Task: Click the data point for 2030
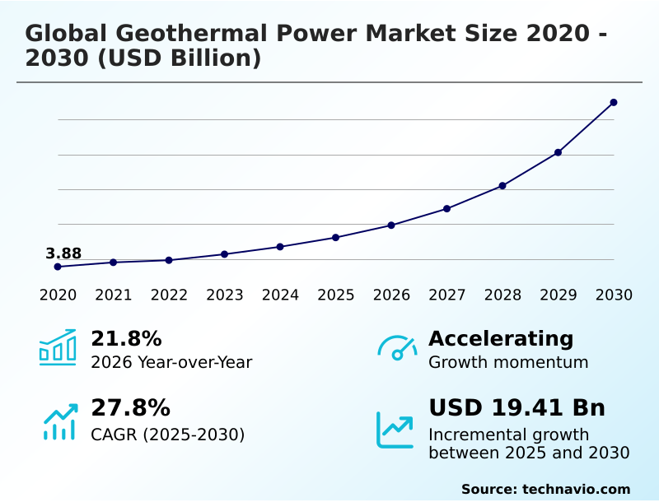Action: click(614, 103)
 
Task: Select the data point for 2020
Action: click(58, 267)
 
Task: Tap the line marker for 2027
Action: click(446, 208)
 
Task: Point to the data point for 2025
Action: click(335, 237)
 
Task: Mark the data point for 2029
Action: click(558, 152)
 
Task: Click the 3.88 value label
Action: click(63, 253)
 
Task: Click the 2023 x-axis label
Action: click(224, 295)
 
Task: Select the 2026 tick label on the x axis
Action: click(391, 295)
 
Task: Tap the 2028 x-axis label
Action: click(502, 295)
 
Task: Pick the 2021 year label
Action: click(113, 295)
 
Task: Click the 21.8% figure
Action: click(126, 339)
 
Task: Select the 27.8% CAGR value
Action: click(130, 408)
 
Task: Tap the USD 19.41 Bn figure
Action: click(516, 408)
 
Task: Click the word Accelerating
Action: click(501, 339)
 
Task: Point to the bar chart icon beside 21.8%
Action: click(58, 347)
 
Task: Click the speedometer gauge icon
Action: click(397, 347)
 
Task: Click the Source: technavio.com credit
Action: click(545, 489)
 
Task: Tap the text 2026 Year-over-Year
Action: click(171, 362)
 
